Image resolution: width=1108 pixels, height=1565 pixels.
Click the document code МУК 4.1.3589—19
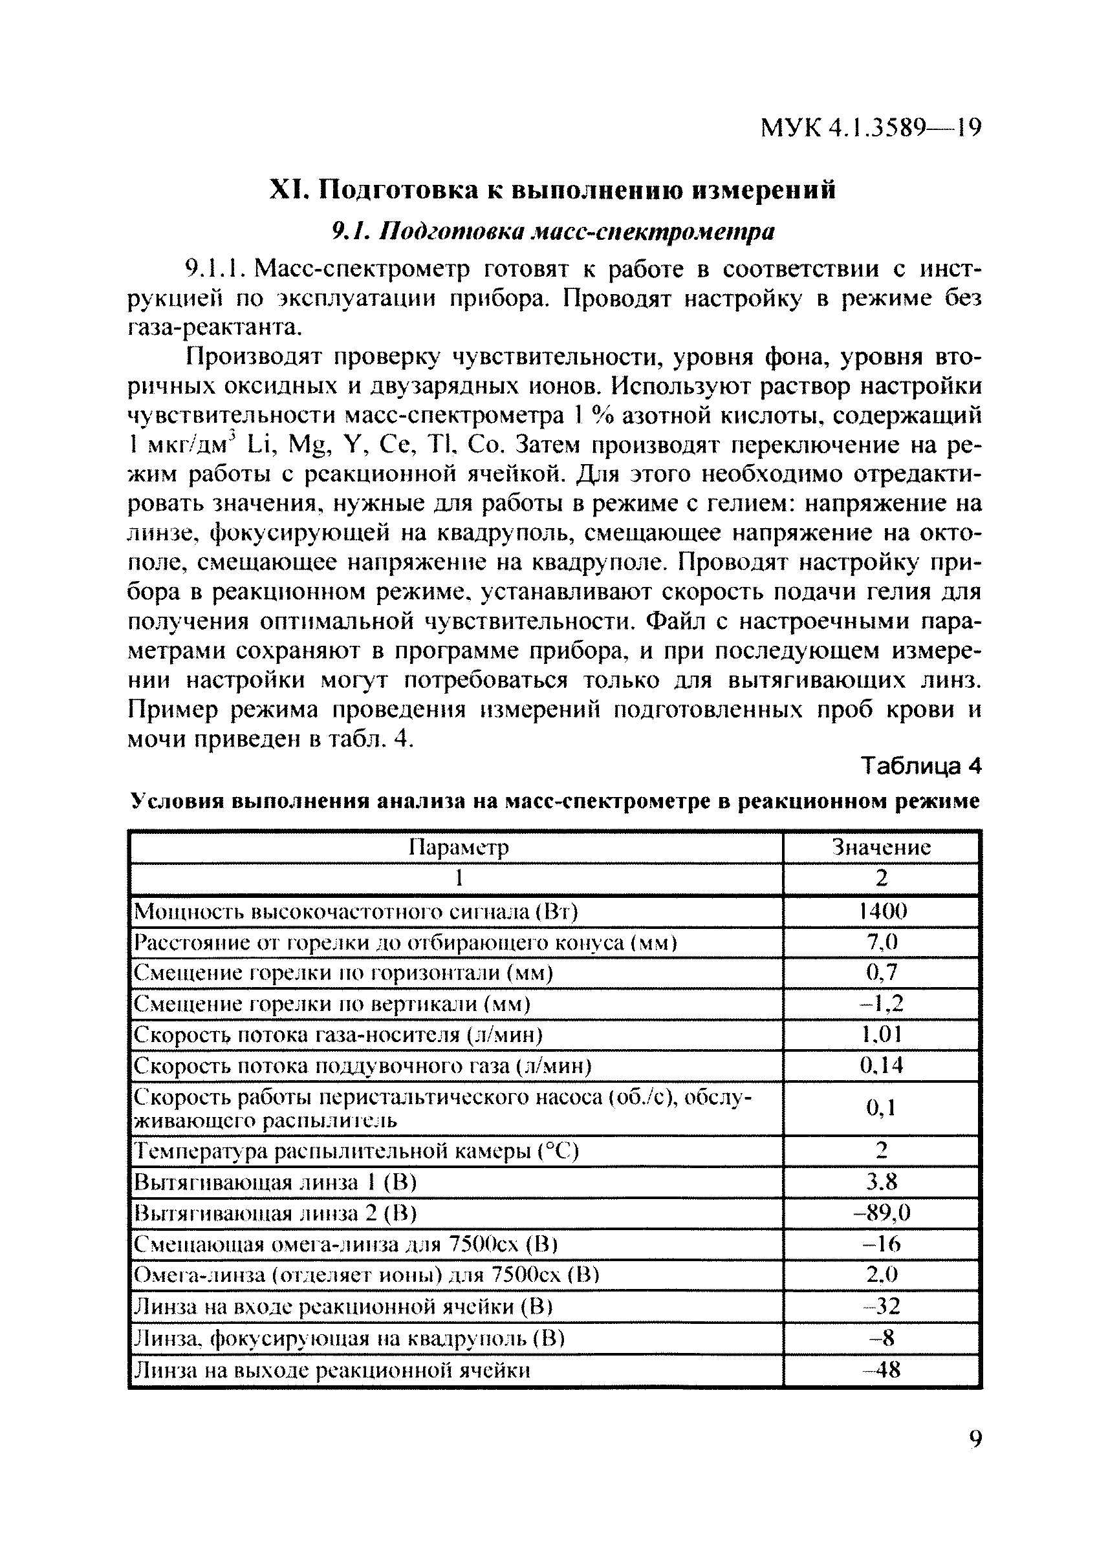pyautogui.click(x=871, y=127)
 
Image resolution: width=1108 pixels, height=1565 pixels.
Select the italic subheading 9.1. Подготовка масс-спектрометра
pyautogui.click(x=552, y=233)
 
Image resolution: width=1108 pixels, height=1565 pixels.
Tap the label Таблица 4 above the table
pyautogui.click(x=921, y=767)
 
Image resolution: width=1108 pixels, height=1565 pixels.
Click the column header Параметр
pyautogui.click(x=459, y=847)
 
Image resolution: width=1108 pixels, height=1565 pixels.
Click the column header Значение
pyautogui.click(x=882, y=847)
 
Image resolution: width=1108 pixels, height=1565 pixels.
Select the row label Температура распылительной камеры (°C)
pyautogui.click(x=356, y=1152)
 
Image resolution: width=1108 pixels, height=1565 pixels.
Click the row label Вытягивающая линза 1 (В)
pyautogui.click(x=275, y=1182)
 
